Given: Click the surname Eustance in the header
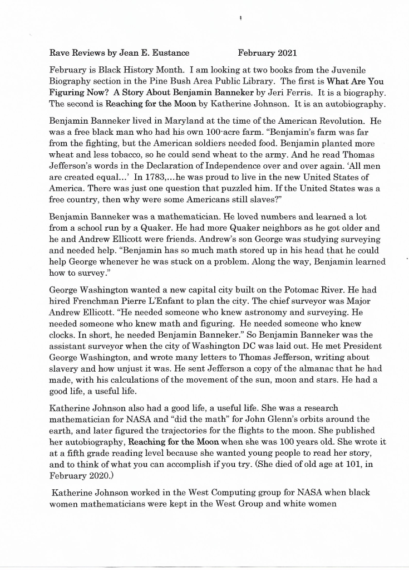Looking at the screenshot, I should pyautogui.click(x=170, y=53).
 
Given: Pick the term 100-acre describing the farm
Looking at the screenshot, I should pyautogui.click(x=222, y=131).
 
